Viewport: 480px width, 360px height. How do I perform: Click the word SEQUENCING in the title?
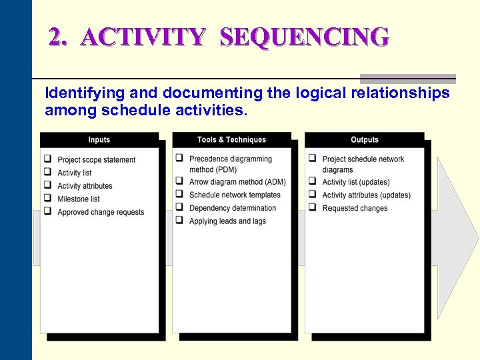(x=304, y=37)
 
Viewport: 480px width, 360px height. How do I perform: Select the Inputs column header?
(x=99, y=140)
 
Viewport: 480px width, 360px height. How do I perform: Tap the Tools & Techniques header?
(x=231, y=140)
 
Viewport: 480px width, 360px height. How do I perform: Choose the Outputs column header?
(x=364, y=140)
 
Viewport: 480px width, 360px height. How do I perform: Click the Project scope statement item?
(x=96, y=160)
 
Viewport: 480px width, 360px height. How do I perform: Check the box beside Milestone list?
(x=48, y=199)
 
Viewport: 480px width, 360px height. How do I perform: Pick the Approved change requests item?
(x=101, y=212)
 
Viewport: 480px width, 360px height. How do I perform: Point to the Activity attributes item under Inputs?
(x=85, y=186)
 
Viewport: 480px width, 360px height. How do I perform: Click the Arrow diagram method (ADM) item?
(x=237, y=182)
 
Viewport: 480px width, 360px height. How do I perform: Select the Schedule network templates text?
(x=235, y=195)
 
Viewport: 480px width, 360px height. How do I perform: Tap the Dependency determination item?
(x=233, y=208)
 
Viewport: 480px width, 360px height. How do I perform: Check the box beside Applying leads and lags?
(x=180, y=221)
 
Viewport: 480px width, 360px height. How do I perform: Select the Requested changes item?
(x=355, y=208)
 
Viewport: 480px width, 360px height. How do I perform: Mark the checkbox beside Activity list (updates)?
(x=313, y=182)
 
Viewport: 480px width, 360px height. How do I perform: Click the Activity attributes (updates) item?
(x=366, y=195)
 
